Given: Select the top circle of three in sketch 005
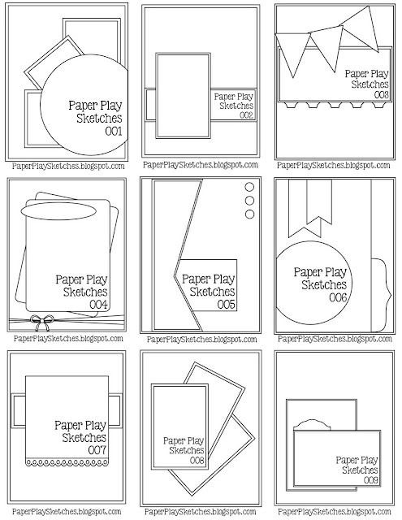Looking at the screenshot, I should click(x=248, y=188).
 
